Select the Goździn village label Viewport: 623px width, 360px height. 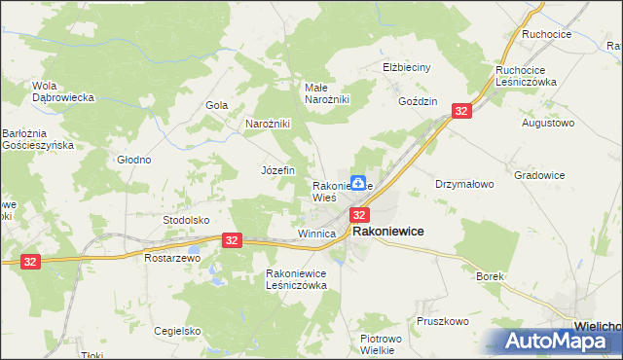pos(418,101)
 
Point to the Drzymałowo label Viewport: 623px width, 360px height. pos(464,183)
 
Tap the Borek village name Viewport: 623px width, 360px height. pos(490,276)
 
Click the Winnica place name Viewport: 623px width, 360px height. pos(316,234)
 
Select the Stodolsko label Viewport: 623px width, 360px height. pos(186,220)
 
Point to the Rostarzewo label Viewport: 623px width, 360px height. pos(171,259)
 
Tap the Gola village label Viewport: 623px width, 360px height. pos(216,105)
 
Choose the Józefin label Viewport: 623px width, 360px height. pos(277,170)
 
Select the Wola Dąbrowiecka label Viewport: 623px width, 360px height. pos(62,91)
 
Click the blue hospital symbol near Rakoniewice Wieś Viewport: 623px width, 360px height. pos(358,182)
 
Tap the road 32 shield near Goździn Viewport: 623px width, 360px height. pos(461,112)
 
